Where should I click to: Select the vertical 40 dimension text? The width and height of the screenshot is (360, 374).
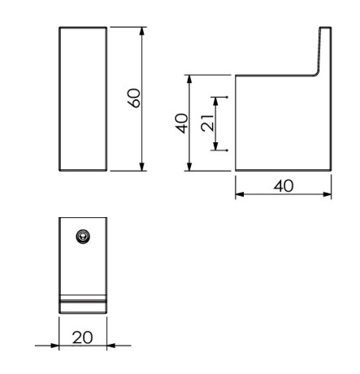[x=182, y=124]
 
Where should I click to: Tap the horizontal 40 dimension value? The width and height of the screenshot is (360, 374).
[x=283, y=185]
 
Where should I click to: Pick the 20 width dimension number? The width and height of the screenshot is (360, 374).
[x=84, y=337]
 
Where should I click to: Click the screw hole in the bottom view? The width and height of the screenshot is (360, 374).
[x=82, y=236]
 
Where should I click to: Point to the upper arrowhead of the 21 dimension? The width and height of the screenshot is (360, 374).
[x=216, y=100]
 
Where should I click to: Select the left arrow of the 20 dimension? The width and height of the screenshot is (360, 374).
[x=54, y=346]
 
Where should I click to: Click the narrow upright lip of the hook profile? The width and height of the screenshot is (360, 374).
[x=325, y=49]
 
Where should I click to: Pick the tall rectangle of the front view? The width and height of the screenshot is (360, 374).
[x=83, y=98]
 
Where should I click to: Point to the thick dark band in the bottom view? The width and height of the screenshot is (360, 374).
[x=83, y=305]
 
